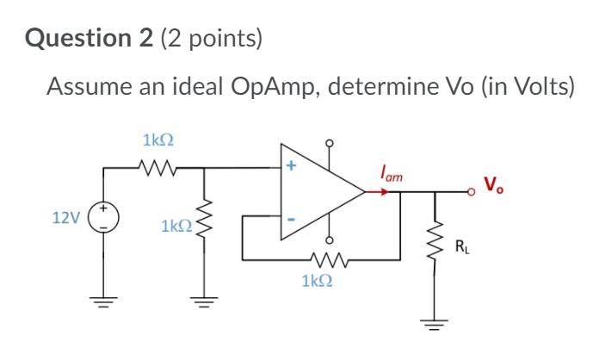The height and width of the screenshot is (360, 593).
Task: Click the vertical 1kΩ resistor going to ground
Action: (x=204, y=225)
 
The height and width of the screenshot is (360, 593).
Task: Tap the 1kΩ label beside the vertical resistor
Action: (x=176, y=227)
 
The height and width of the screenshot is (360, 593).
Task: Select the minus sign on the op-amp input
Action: (x=290, y=220)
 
